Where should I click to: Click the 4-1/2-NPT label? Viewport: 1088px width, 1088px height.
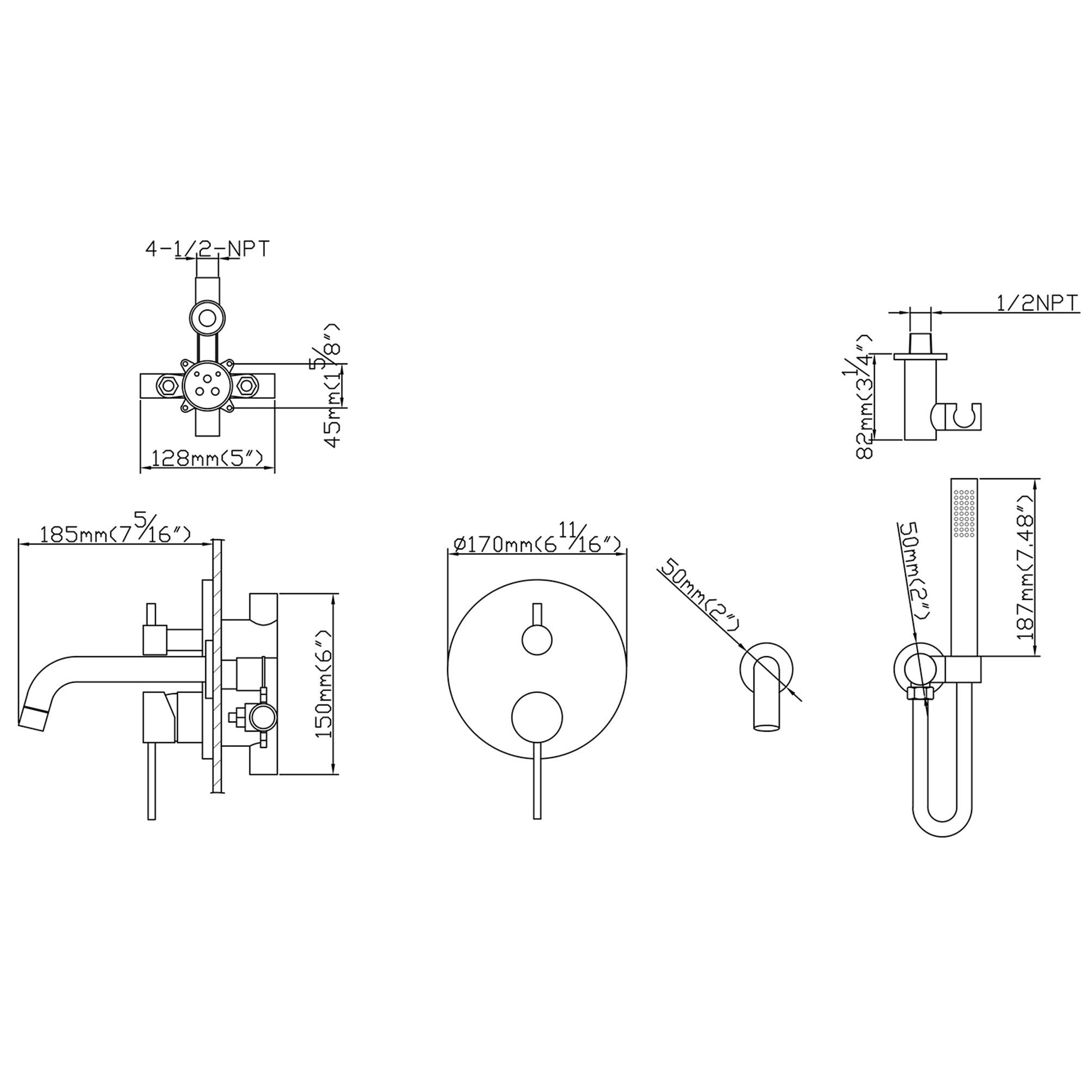(x=208, y=249)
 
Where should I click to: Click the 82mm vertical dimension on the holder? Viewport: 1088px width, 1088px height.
(x=864, y=397)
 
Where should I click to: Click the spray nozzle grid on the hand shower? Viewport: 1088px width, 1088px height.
(x=964, y=512)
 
